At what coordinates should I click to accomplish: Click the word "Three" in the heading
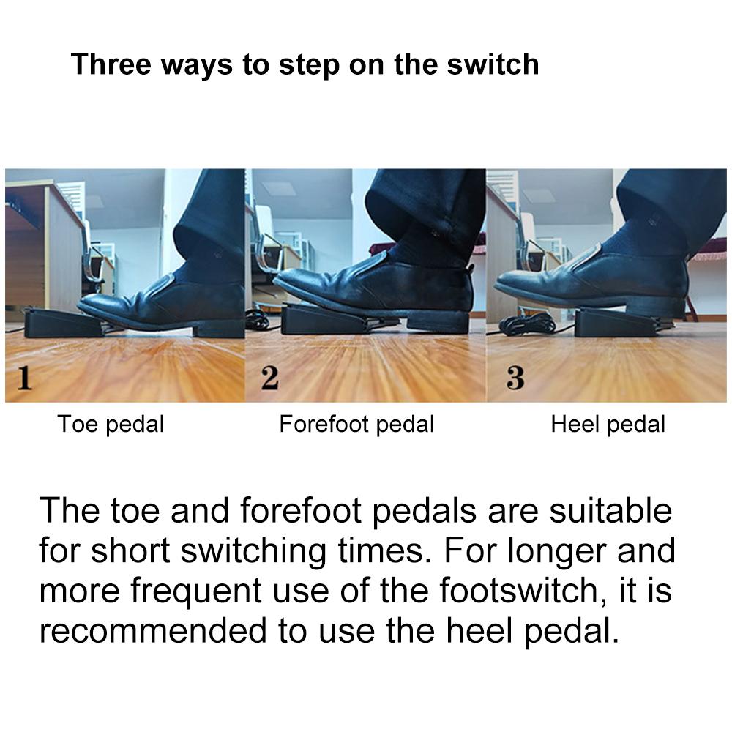click(111, 64)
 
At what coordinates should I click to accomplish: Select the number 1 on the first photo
click(25, 378)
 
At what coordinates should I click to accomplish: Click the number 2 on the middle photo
click(270, 378)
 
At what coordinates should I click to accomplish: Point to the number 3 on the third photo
click(515, 378)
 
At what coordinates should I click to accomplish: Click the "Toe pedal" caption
click(111, 425)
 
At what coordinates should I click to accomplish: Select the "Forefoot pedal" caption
click(356, 425)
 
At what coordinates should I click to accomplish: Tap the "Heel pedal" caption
click(608, 425)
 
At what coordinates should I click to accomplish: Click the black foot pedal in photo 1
click(64, 323)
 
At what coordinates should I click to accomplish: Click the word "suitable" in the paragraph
click(610, 510)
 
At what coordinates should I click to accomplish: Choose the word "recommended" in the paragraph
click(154, 631)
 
